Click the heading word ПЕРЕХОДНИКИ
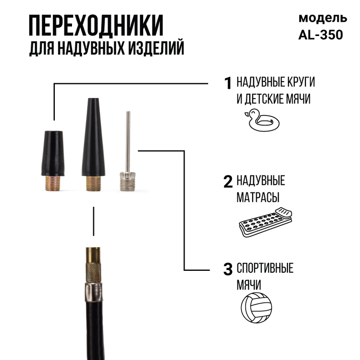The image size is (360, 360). pyautogui.click(x=96, y=26)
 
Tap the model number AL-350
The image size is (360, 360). pyautogui.click(x=321, y=35)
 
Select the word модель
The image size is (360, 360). pyautogui.click(x=322, y=18)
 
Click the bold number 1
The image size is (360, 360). pyautogui.click(x=228, y=83)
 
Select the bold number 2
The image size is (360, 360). pyautogui.click(x=228, y=181)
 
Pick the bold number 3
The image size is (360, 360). pyautogui.click(x=228, y=269)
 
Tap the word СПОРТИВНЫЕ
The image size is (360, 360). pyautogui.click(x=265, y=268)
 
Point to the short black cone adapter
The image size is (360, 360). pyautogui.click(x=53, y=153)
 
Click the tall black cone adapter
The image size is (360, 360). pyautogui.click(x=93, y=138)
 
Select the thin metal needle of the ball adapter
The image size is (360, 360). pyautogui.click(x=128, y=138)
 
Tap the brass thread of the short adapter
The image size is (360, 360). pyautogui.click(x=53, y=183)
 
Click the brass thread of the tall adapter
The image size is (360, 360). pyautogui.click(x=93, y=183)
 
